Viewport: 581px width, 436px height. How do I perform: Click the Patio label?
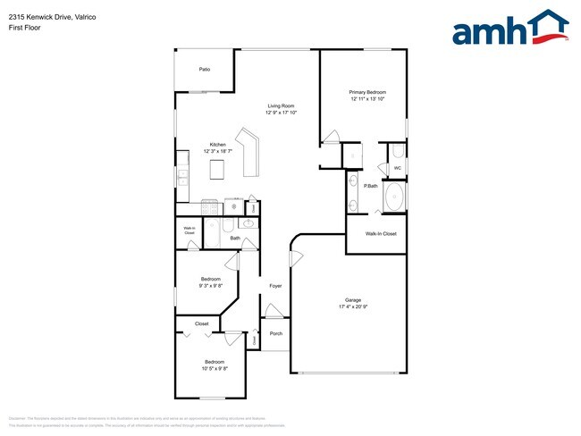tap(204, 69)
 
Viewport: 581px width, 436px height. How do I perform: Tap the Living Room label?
tap(281, 106)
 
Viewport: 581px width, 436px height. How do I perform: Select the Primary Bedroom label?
tap(367, 92)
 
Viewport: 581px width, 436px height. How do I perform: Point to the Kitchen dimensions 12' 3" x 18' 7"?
tap(217, 152)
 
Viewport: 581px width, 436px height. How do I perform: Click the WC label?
tap(397, 167)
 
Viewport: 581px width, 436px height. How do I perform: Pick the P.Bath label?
tap(369, 186)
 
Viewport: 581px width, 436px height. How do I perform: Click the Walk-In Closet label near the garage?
tap(381, 233)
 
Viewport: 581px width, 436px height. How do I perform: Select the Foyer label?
tap(276, 286)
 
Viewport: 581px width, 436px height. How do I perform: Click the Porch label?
tap(276, 333)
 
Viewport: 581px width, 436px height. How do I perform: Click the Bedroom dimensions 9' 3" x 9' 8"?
tap(211, 286)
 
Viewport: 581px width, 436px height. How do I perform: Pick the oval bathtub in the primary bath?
tap(392, 197)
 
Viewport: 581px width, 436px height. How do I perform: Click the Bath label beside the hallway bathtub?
tap(235, 239)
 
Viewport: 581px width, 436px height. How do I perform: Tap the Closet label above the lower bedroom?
tap(202, 323)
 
